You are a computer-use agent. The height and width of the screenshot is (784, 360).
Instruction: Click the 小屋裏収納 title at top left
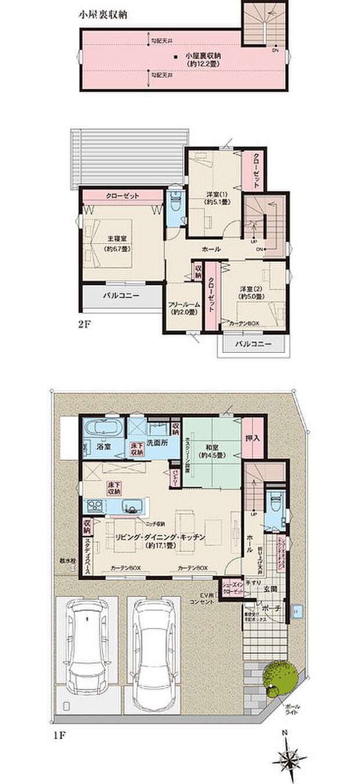[x=103, y=16]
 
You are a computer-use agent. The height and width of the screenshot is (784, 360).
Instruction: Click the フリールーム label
[x=184, y=308]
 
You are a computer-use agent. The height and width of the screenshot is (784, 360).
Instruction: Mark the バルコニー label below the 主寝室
[x=121, y=295]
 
